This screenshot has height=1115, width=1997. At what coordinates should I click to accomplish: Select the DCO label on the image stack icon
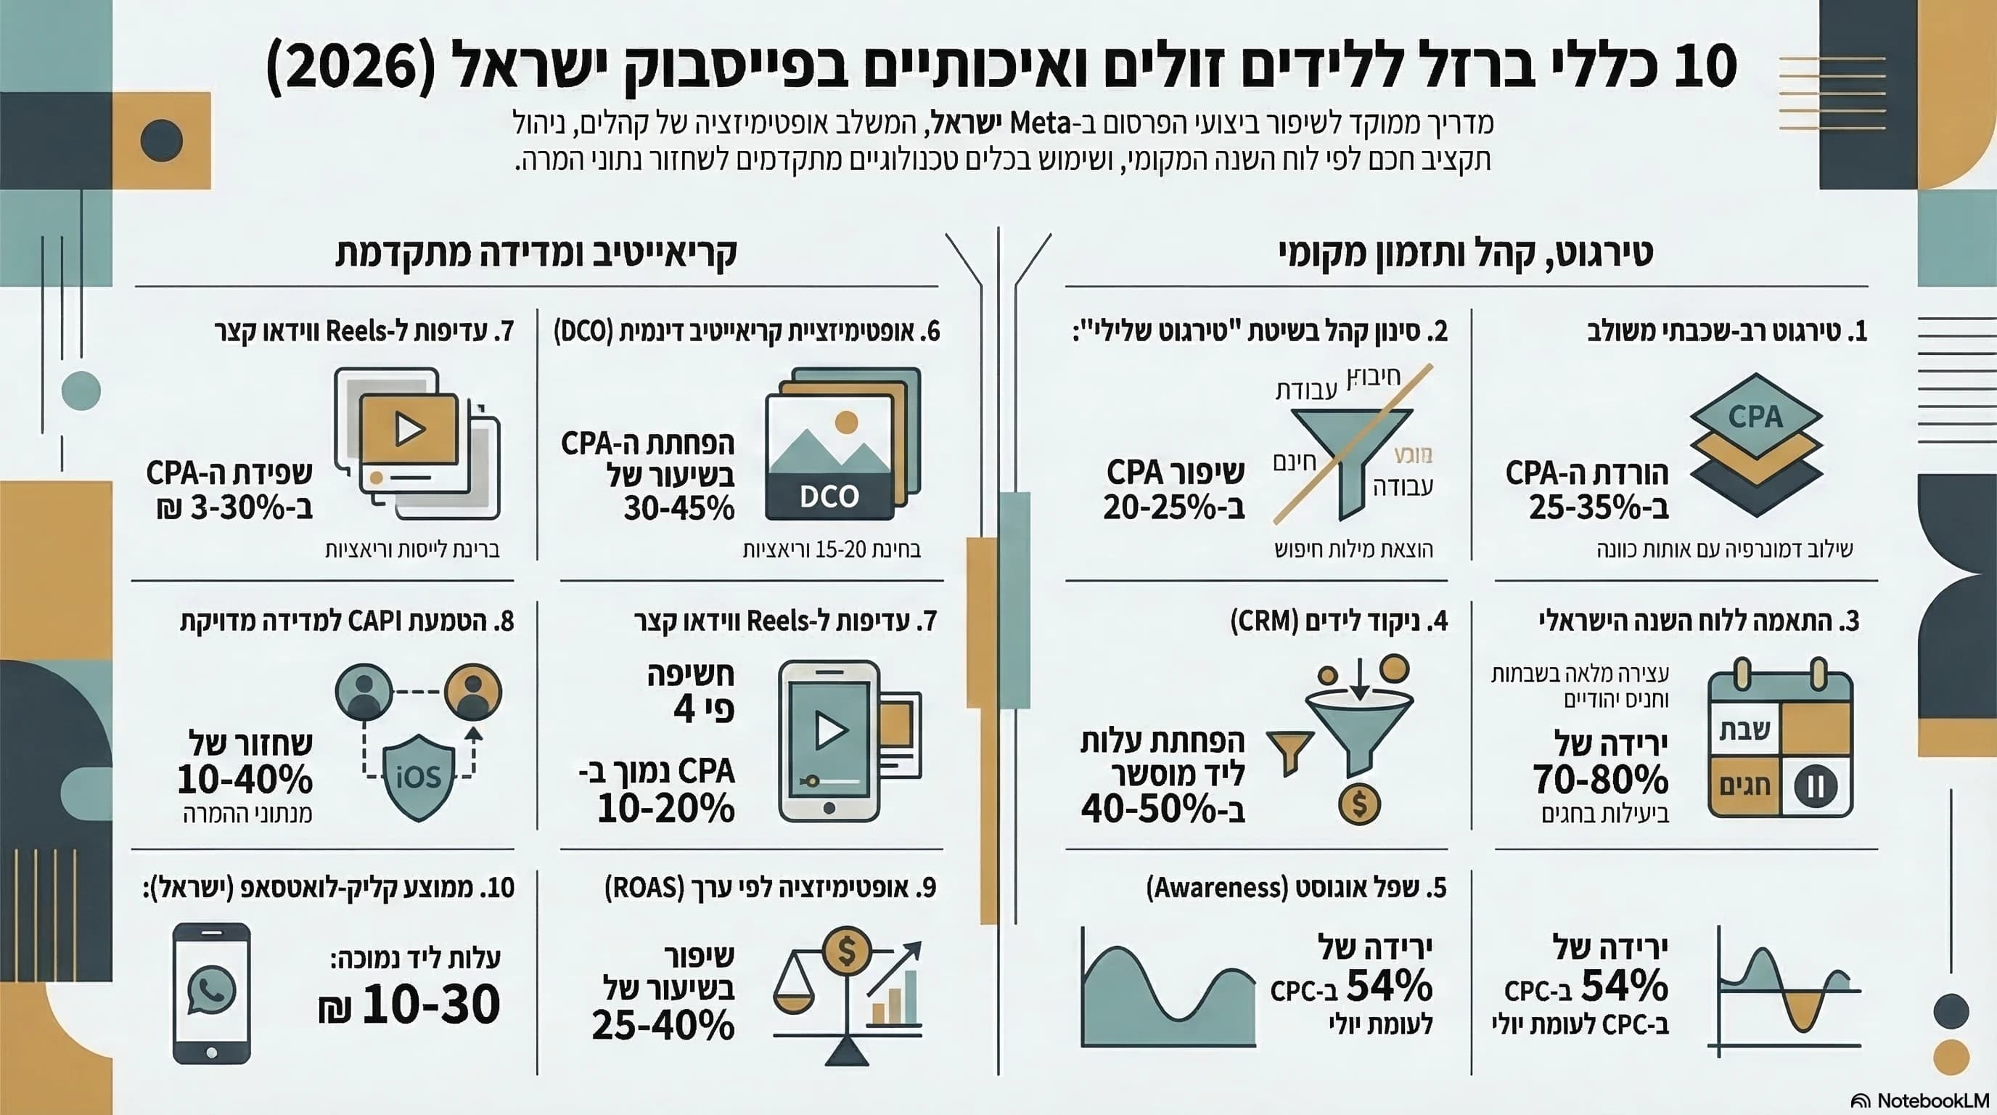829,497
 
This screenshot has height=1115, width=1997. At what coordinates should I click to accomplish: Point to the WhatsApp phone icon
212,992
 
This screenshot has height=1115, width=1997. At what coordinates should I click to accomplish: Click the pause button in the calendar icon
1816,786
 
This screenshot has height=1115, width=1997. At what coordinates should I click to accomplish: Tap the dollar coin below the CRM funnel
1359,804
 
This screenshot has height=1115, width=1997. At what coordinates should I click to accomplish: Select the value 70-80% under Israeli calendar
1600,778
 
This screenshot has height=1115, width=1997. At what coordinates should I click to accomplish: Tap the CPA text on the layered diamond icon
1755,417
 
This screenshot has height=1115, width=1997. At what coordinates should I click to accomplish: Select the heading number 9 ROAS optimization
771,888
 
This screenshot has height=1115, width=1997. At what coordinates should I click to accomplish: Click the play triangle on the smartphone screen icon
830,730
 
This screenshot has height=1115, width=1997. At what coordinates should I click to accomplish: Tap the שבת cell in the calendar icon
1744,730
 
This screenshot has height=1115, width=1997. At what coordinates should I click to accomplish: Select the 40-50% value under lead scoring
1162,809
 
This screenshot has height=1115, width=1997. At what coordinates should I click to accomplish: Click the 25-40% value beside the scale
663,1025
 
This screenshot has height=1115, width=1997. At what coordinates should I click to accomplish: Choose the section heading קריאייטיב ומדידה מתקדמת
536,253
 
